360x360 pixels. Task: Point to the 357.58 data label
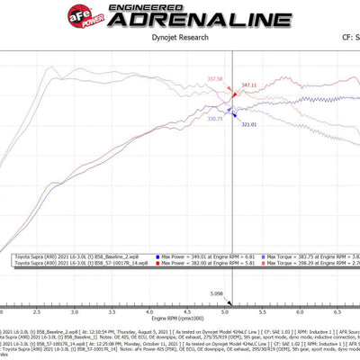[214, 79]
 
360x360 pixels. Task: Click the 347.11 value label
[248, 85]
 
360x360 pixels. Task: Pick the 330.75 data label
[214, 118]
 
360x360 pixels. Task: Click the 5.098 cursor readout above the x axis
[216, 293]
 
